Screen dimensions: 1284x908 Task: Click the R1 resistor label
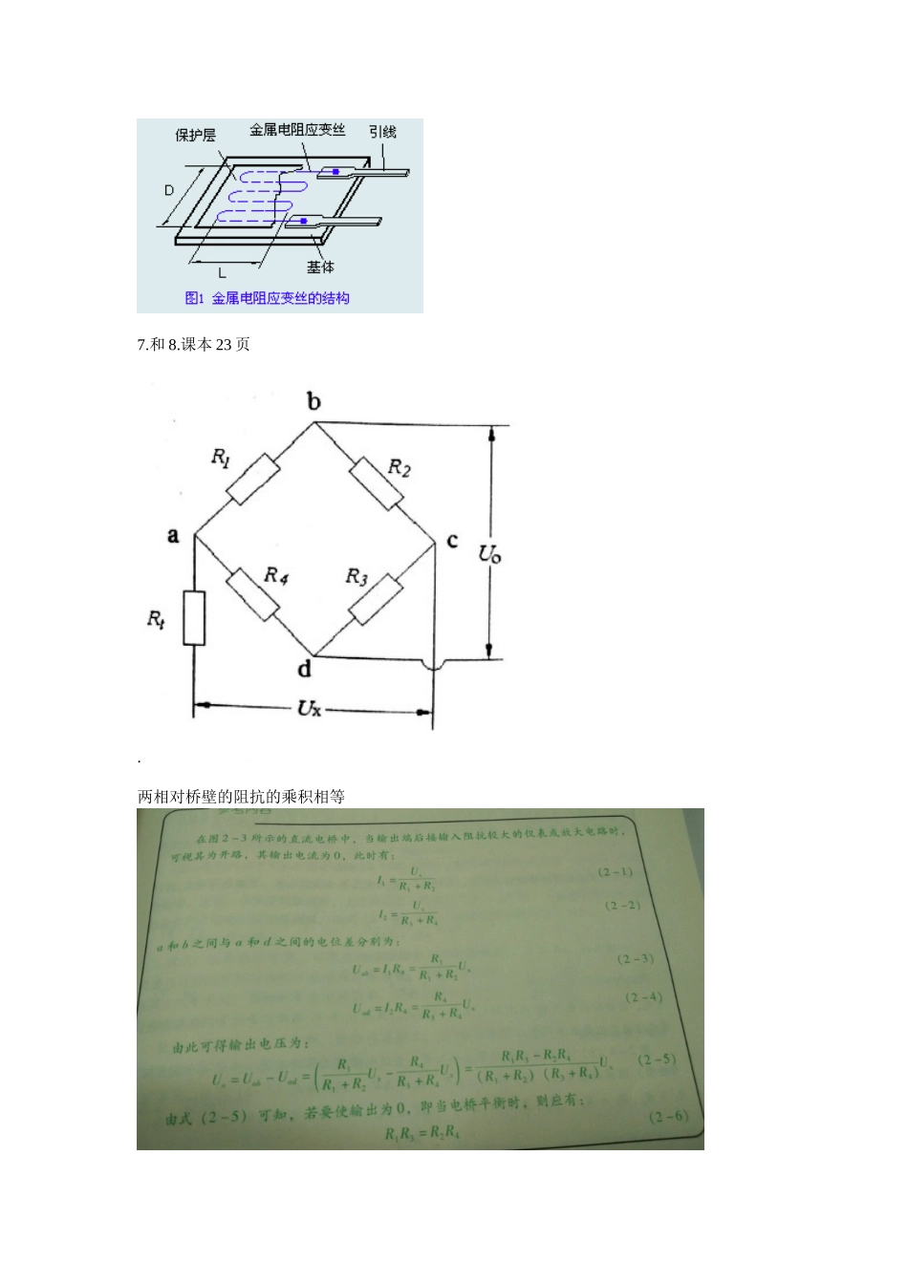pos(221,458)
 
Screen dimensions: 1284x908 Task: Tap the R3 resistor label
pos(357,576)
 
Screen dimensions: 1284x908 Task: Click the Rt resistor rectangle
pos(194,618)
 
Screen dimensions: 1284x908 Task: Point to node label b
pos(314,401)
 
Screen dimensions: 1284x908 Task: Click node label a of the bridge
pos(173,535)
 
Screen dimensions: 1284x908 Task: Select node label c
pos(452,541)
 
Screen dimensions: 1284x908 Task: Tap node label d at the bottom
pos(304,668)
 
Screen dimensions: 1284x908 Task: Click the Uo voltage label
pos(490,552)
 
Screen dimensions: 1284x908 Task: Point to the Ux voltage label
pos(309,708)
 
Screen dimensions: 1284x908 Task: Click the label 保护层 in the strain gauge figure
pos(195,136)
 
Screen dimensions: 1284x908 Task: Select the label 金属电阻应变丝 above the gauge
pos(297,129)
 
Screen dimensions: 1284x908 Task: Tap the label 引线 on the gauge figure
pos(382,132)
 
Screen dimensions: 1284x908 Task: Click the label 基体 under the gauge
pos(321,267)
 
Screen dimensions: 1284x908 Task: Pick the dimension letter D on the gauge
pos(169,190)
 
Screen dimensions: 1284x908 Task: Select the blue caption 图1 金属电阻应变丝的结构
pos(267,298)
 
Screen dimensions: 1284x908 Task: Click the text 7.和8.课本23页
pos(194,344)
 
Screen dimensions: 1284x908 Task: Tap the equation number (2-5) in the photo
pos(658,1059)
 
